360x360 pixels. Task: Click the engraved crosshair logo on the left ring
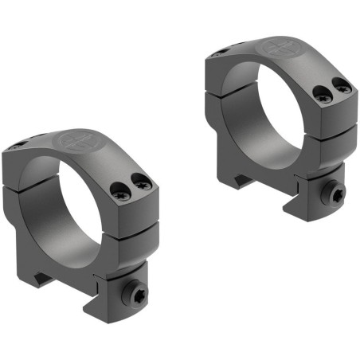coord(77,144)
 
